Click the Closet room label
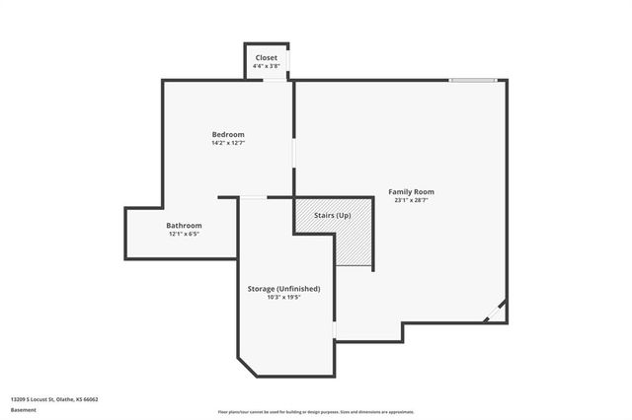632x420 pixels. point(267,58)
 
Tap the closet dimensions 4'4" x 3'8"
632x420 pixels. point(267,66)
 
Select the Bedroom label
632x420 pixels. point(227,134)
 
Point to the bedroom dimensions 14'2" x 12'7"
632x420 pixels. point(227,143)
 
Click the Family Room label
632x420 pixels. point(411,191)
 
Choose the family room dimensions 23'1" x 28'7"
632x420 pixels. point(411,200)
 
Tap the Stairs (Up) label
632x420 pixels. point(332,215)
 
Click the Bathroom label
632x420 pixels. point(184,225)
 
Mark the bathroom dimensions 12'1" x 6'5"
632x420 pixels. point(184,234)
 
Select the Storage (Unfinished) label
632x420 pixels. point(283,288)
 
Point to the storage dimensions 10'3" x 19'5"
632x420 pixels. point(283,297)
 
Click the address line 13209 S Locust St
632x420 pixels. point(54,399)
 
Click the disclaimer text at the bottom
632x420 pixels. point(315,412)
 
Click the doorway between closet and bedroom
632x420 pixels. point(275,81)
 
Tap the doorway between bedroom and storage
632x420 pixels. point(253,197)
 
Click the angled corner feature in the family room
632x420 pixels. point(496,313)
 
